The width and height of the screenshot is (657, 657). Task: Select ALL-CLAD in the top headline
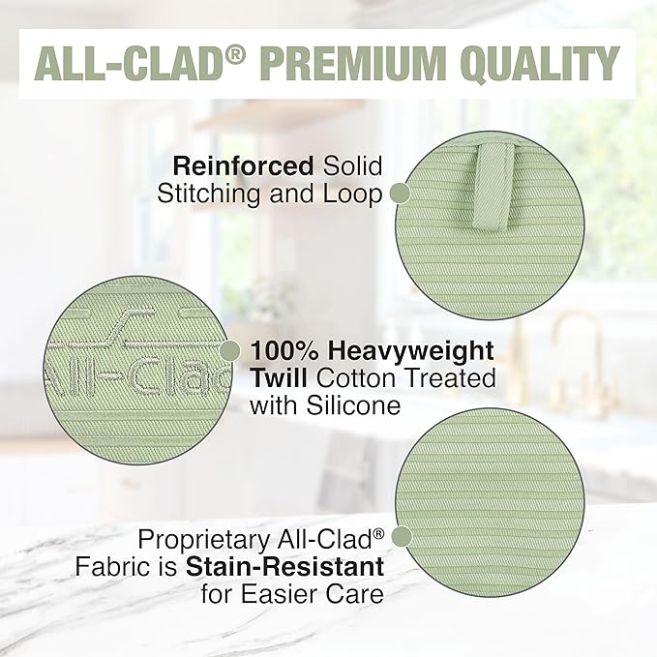point(126,64)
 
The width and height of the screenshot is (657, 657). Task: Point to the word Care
point(354,591)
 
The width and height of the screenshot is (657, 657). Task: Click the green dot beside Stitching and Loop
point(400,193)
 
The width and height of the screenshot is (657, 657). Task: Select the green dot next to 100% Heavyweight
point(230,349)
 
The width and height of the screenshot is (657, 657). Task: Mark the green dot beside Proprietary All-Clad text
point(400,537)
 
